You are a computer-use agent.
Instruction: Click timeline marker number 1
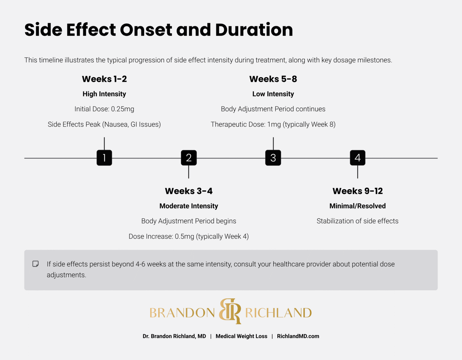coord(104,158)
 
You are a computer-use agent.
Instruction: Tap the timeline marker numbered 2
coord(189,158)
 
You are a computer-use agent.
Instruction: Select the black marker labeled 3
coord(273,158)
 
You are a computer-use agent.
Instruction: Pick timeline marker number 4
coord(358,158)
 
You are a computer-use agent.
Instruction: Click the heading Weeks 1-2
coord(104,79)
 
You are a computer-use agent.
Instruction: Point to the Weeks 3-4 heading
coord(189,191)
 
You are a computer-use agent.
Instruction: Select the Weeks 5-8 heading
coord(273,79)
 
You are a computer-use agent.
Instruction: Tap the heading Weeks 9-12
coord(358,191)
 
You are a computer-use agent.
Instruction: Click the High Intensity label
coord(104,94)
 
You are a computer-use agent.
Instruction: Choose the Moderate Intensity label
coord(189,206)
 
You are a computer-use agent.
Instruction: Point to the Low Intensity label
coord(273,94)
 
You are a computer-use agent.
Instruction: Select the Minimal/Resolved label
coord(358,206)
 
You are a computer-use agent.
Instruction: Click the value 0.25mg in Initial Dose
coord(122,109)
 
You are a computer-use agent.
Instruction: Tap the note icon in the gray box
coord(35,264)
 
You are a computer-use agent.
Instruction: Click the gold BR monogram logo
coord(230,311)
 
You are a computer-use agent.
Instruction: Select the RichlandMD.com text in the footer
coord(298,336)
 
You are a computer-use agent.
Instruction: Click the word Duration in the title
coord(254,30)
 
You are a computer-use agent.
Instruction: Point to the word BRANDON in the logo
coord(182,313)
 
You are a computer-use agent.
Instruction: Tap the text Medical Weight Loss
coord(241,336)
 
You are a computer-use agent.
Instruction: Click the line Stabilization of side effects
coord(357,221)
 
